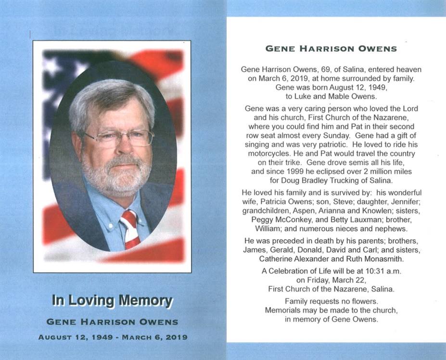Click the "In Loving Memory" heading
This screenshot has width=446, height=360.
pyautogui.click(x=112, y=301)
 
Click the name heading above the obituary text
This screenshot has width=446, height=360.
pyautogui.click(x=331, y=49)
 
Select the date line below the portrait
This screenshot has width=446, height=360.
pyautogui.click(x=113, y=337)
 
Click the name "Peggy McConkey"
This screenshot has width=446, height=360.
pyautogui.click(x=277, y=220)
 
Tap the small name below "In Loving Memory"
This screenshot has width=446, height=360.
pyautogui.click(x=113, y=321)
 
